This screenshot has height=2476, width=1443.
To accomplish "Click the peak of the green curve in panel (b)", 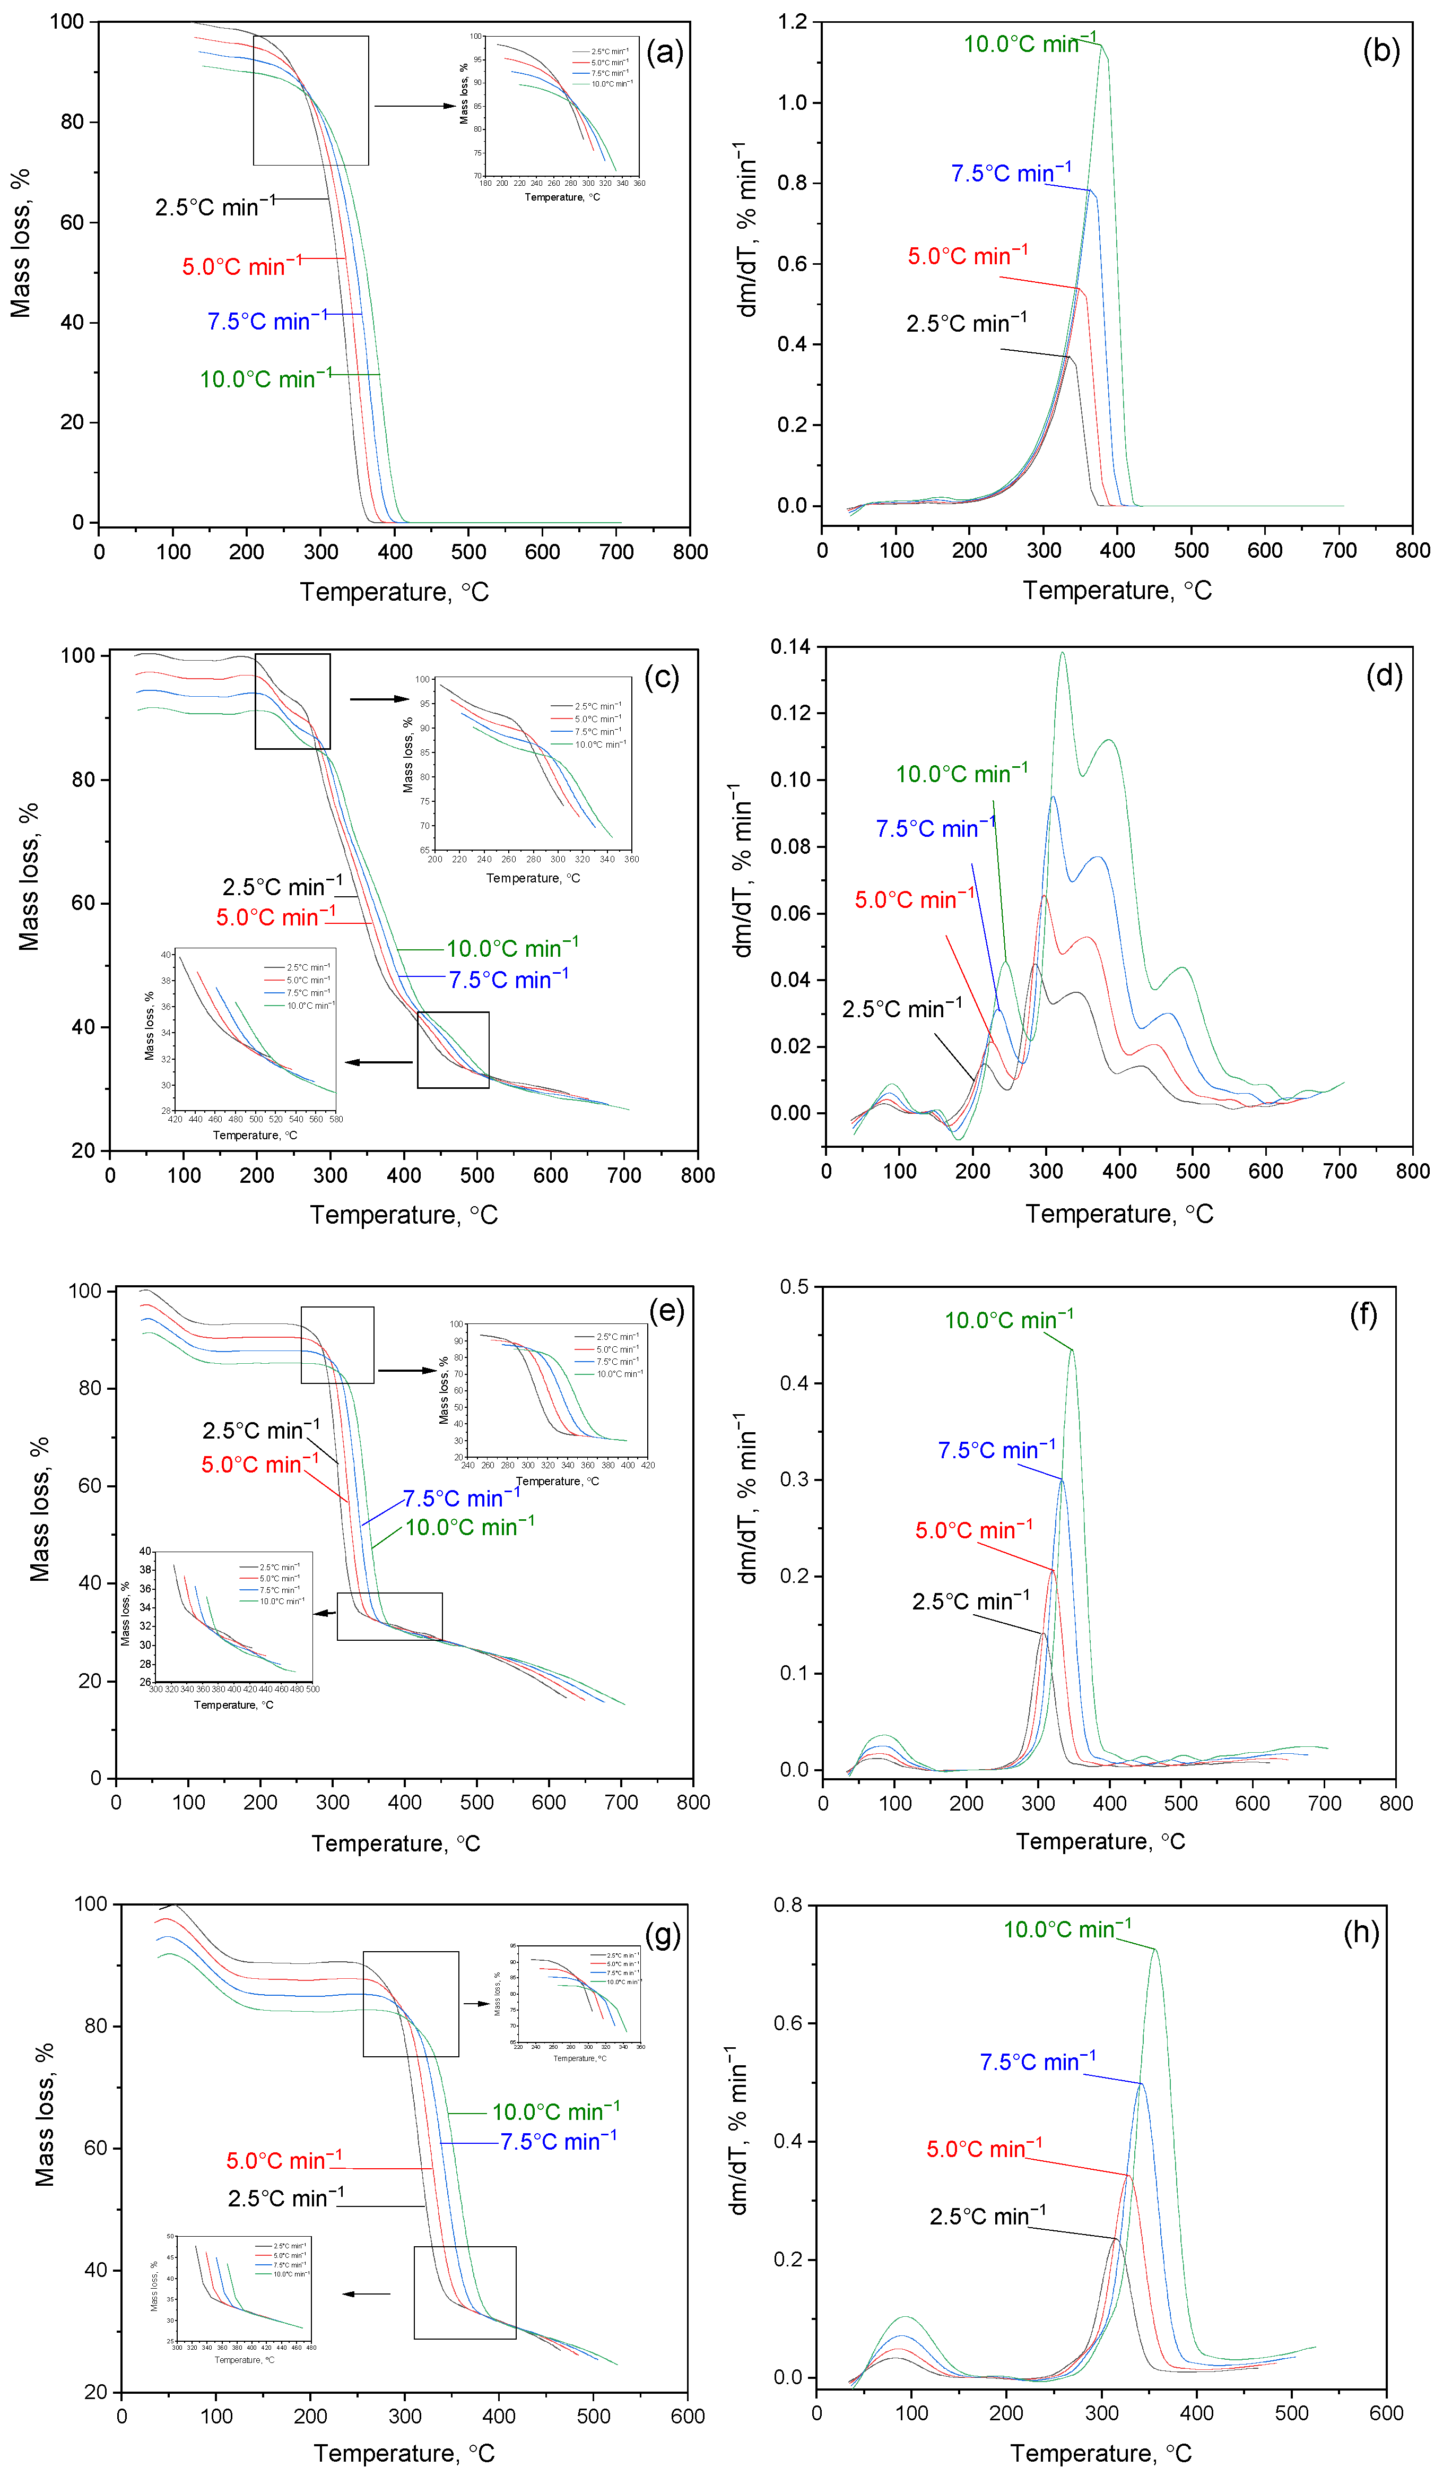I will (x=1101, y=45).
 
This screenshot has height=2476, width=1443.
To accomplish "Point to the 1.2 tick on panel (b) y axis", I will (x=792, y=22).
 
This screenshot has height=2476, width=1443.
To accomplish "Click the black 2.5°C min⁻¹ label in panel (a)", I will (x=214, y=206).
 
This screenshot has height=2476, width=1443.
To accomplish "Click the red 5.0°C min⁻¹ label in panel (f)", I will (x=973, y=1530).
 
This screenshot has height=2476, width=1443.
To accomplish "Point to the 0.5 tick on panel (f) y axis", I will (x=795, y=1287).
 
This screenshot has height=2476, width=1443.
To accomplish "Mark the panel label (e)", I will (x=666, y=1311).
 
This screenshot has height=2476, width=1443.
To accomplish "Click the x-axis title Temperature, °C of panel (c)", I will (x=404, y=1215).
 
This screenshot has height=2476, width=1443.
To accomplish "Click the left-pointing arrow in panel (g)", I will (x=366, y=2294).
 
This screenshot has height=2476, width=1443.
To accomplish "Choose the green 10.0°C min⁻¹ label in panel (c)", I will (x=512, y=948).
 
